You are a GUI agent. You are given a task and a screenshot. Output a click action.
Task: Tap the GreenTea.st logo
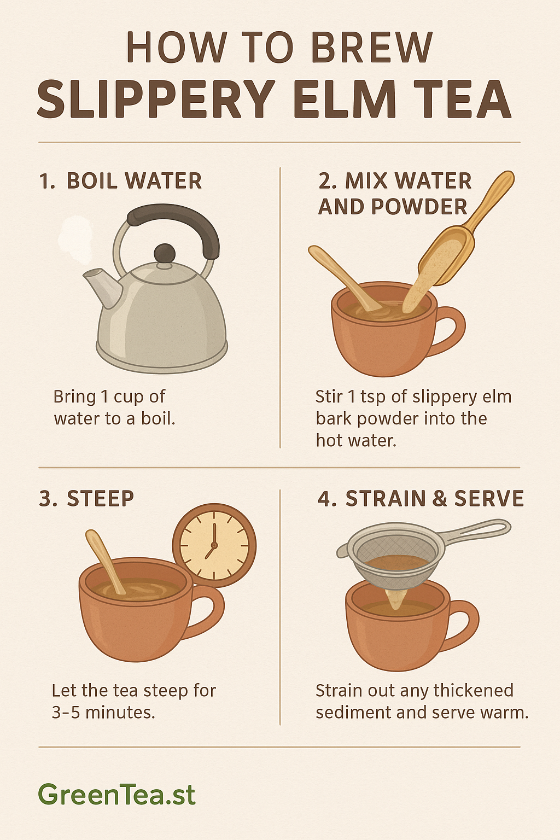(116, 794)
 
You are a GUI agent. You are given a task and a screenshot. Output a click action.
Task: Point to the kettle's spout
(102, 285)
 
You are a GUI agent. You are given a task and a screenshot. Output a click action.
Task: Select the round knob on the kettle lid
(165, 254)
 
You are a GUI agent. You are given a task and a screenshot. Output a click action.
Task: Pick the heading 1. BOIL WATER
(120, 181)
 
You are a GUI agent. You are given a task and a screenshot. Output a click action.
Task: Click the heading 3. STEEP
(86, 499)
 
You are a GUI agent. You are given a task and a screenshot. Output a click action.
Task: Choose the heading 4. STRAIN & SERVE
(421, 499)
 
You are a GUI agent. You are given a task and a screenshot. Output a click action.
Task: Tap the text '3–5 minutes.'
(103, 713)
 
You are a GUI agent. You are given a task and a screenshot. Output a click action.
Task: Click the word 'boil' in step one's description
(157, 419)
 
